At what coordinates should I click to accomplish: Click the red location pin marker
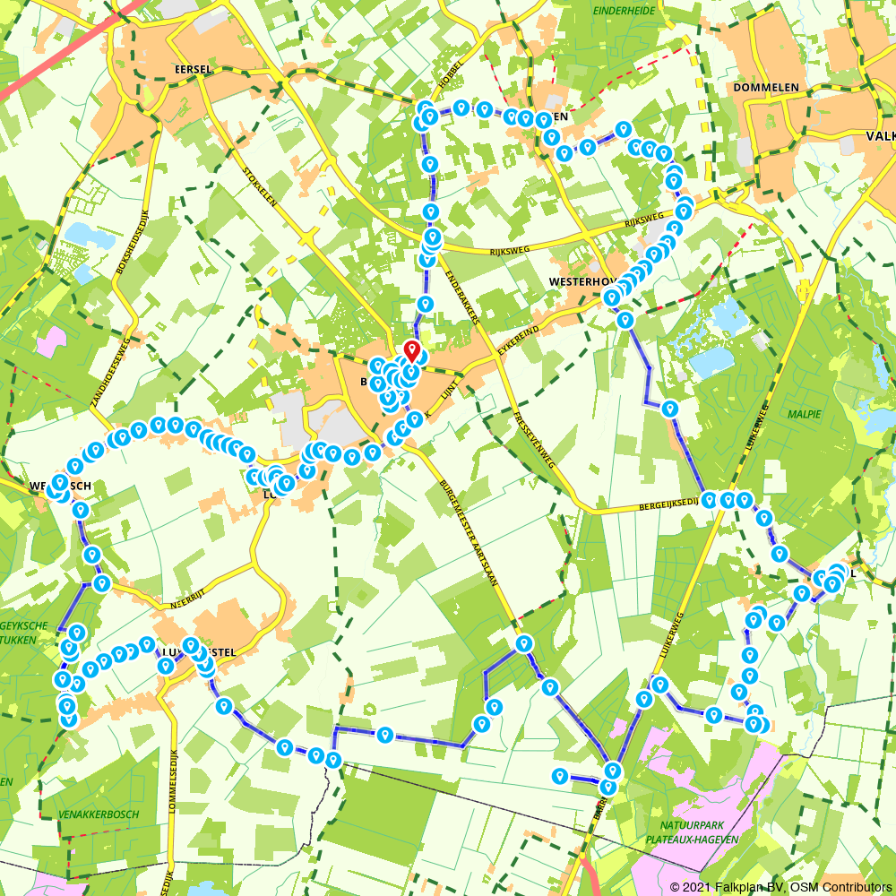(x=412, y=351)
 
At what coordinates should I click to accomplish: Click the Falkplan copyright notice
(x=780, y=886)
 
